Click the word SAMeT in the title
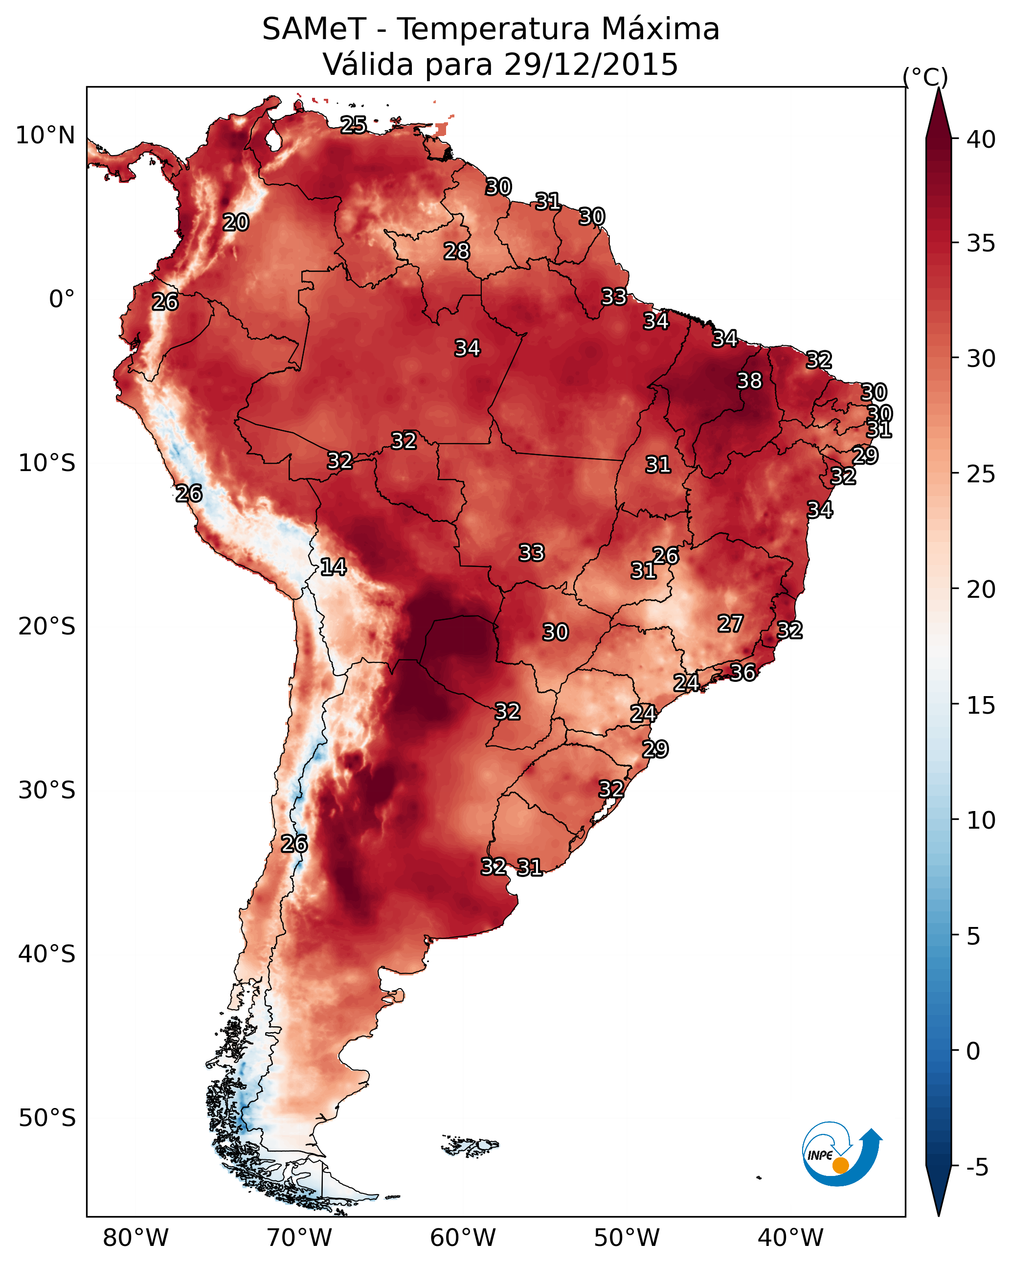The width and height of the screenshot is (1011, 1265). click(x=314, y=29)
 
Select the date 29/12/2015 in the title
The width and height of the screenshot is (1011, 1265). click(x=591, y=65)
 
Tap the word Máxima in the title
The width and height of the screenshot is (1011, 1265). click(x=656, y=29)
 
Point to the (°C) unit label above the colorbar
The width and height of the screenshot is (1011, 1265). click(x=925, y=77)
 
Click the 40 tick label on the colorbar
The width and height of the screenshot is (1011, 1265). click(x=981, y=139)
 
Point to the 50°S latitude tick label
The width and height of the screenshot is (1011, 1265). click(x=47, y=1118)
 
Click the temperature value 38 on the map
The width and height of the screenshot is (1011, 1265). click(x=749, y=381)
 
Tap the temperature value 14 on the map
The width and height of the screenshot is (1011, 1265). click(x=333, y=567)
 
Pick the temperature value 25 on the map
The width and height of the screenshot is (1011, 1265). click(x=353, y=125)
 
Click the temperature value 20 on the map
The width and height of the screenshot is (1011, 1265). click(x=235, y=223)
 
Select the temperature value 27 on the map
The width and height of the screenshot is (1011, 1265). click(x=731, y=624)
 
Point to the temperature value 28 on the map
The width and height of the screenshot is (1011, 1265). click(x=456, y=251)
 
